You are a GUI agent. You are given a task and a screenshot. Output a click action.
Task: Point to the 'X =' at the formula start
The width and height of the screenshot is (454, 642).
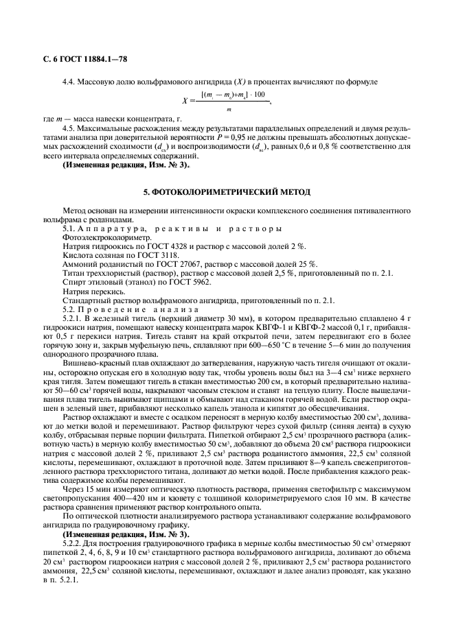click(x=187, y=101)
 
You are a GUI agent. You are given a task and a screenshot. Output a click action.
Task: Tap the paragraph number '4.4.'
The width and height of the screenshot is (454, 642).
click(x=70, y=82)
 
